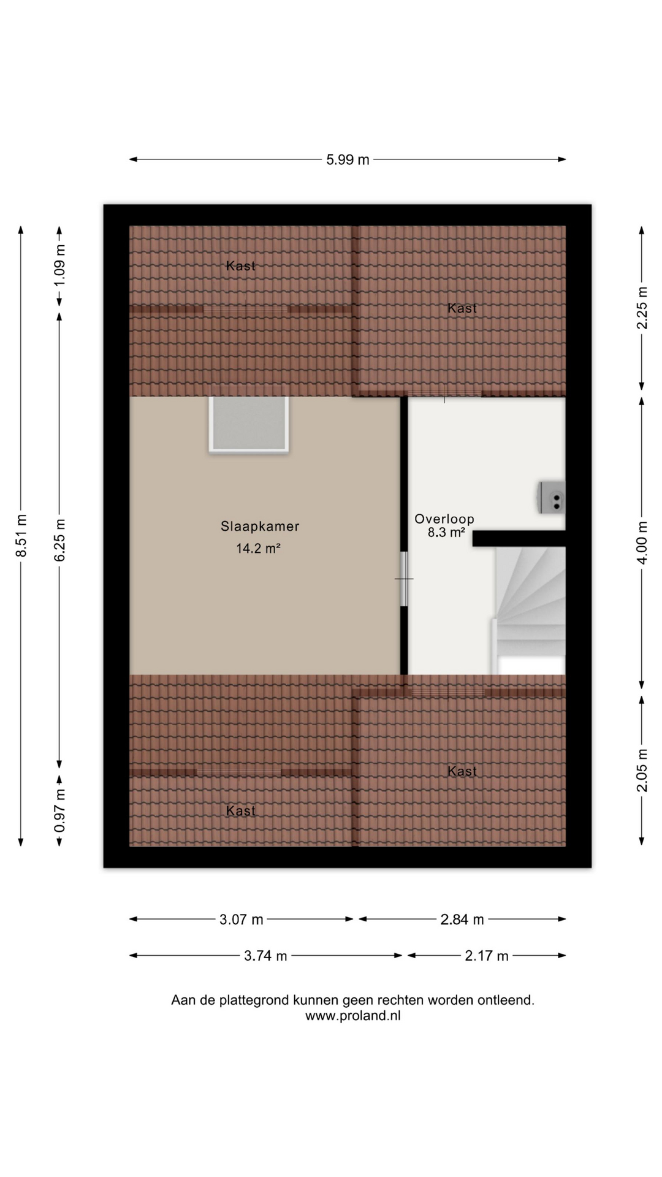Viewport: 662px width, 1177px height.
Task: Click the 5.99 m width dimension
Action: click(x=348, y=160)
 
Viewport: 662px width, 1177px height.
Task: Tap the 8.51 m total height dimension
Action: click(x=21, y=536)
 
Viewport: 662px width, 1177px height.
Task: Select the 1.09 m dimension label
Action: click(x=59, y=265)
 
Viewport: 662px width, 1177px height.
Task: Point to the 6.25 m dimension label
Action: click(x=59, y=539)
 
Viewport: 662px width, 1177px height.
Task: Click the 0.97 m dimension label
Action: click(x=59, y=811)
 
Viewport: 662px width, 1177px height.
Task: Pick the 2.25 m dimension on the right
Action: click(x=642, y=308)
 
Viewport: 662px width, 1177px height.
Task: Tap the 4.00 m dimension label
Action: click(x=642, y=543)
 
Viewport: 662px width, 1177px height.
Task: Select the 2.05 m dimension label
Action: click(x=642, y=771)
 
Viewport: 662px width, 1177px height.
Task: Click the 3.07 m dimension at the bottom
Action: click(x=242, y=920)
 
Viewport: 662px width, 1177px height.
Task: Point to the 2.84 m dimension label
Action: click(x=462, y=920)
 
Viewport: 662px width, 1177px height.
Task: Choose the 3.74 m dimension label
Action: click(x=265, y=956)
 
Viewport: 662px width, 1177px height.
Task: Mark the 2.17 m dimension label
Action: click(x=487, y=956)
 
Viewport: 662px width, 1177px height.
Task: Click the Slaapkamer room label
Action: click(x=260, y=526)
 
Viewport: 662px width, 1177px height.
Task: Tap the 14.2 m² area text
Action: click(x=259, y=548)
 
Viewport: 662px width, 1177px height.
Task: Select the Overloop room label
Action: click(x=444, y=519)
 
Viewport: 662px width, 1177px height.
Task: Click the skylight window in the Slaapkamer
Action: click(x=248, y=424)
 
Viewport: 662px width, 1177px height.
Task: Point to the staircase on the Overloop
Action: click(x=528, y=611)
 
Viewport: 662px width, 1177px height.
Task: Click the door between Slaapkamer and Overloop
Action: click(x=404, y=579)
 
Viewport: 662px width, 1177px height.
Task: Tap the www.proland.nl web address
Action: click(x=353, y=1016)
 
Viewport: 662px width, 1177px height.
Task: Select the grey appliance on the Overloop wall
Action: click(x=552, y=497)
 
